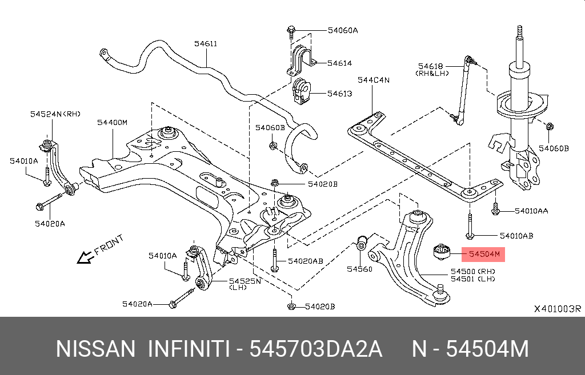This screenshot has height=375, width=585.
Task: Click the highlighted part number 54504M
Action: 484,253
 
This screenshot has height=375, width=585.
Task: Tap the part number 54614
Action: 339,63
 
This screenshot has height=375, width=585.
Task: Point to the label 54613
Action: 339,94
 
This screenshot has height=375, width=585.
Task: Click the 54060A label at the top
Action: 343,30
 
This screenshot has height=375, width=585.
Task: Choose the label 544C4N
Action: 374,80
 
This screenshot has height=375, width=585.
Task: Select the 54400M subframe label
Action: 112,122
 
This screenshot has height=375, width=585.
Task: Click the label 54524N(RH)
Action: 55,114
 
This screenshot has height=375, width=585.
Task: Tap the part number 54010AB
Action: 516,235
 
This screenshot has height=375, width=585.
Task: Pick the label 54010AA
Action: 531,211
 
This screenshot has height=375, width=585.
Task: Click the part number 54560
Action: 359,268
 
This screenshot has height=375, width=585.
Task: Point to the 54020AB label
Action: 305,261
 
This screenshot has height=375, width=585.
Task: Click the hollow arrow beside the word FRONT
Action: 86,258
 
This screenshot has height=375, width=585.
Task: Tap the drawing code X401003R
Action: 557,309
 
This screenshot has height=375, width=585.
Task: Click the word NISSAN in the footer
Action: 95,349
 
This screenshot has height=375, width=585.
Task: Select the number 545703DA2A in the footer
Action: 316,349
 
